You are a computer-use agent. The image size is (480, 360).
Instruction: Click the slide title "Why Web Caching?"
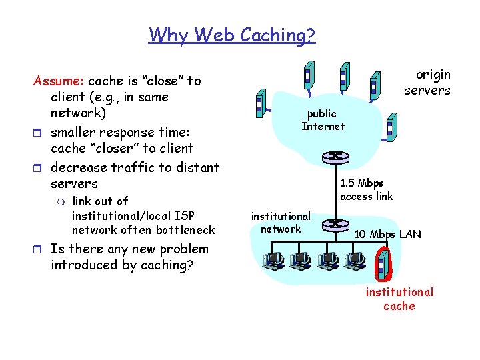point(232,34)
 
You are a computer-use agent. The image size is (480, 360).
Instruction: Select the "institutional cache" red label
point(399,299)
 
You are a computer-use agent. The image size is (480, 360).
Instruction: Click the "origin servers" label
point(427,82)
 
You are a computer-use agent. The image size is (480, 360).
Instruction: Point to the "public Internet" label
point(323,120)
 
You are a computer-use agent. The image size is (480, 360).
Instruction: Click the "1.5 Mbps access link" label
point(366,189)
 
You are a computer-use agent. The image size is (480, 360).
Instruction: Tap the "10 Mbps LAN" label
point(387,234)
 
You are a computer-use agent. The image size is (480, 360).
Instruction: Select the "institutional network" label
point(280,222)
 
